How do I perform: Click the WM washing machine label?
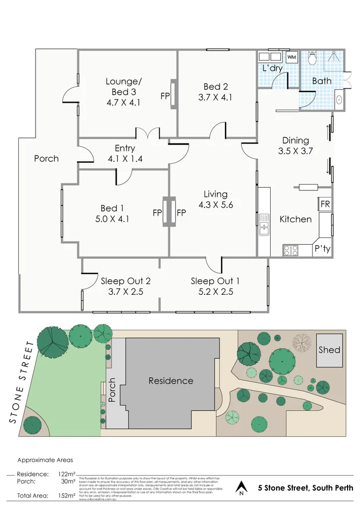[292, 57]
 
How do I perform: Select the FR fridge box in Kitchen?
[325, 204]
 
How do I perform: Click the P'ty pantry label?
[322, 249]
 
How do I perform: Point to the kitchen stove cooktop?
[291, 250]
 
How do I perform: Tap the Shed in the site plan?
[329, 350]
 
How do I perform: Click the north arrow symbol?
[242, 488]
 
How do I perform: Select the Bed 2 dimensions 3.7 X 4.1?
[215, 97]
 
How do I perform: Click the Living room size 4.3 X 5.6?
[215, 204]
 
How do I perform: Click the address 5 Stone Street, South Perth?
[306, 488]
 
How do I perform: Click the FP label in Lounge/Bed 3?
[165, 96]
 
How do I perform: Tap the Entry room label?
[124, 149]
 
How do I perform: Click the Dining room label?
[294, 140]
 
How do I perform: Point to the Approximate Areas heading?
[45, 460]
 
